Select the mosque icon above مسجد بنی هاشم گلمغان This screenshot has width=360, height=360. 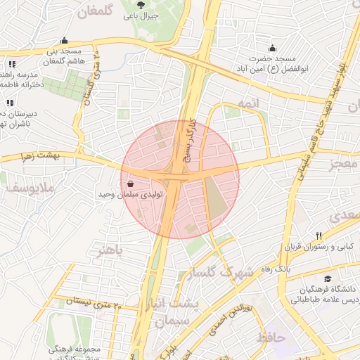65,40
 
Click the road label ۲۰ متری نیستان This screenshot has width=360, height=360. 93,303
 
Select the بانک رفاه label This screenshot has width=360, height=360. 274,269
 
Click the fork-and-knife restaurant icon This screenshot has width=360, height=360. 319,236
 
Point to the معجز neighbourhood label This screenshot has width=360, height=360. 343,165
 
